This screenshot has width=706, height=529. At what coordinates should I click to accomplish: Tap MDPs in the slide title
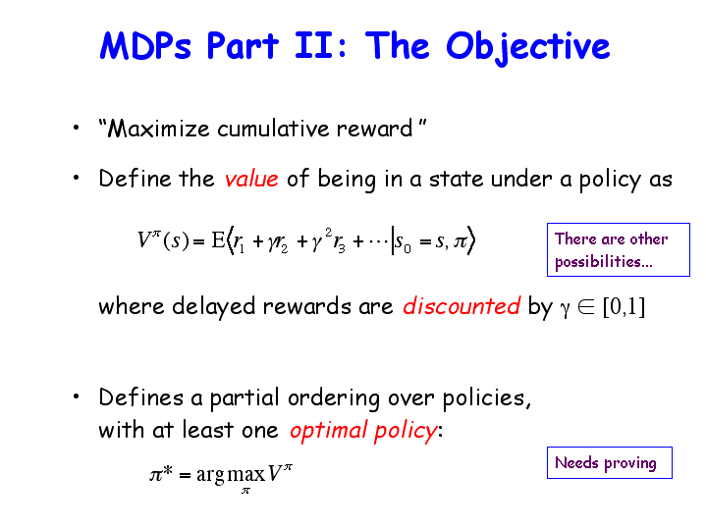[x=145, y=46]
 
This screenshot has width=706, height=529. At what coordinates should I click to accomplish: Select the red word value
[x=251, y=179]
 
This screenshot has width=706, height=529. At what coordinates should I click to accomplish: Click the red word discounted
[x=462, y=305]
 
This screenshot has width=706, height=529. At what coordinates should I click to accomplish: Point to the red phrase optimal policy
[x=363, y=430]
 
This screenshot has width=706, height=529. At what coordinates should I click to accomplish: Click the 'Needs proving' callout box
[x=610, y=463]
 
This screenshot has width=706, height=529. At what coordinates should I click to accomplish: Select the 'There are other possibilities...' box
[x=619, y=250]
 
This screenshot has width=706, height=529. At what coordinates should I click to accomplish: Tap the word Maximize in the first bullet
[x=158, y=129]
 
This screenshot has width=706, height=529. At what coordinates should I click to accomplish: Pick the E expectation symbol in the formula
[x=218, y=239]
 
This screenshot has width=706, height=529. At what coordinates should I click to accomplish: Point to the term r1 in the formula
[x=239, y=242]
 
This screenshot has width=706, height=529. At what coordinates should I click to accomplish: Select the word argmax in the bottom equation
[x=231, y=474]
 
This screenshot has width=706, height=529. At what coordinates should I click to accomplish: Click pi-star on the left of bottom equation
[x=161, y=474]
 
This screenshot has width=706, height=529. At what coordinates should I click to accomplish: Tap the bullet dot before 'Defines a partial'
[x=76, y=397]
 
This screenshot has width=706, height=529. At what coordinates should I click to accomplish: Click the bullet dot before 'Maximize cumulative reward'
[x=76, y=128]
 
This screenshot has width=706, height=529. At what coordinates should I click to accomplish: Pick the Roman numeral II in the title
[x=310, y=46]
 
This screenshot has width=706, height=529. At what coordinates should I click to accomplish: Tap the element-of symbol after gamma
[x=586, y=306]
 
